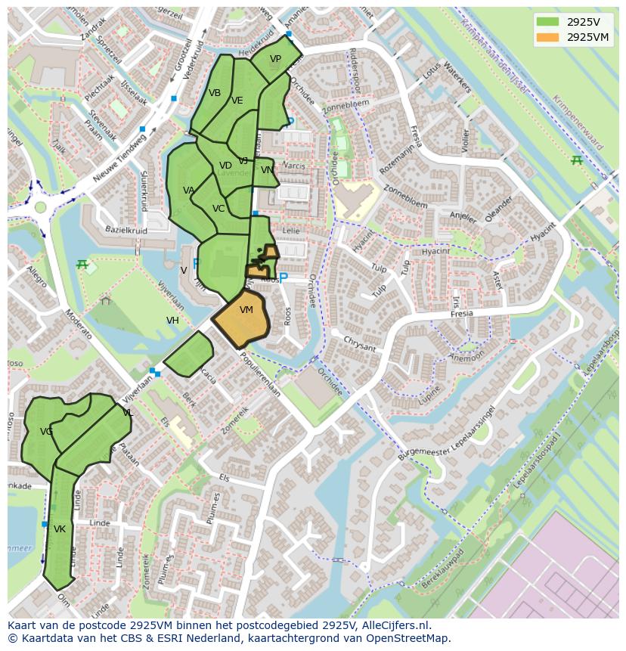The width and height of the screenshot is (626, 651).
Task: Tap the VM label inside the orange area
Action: (x=246, y=310)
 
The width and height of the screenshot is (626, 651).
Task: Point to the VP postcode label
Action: (x=275, y=59)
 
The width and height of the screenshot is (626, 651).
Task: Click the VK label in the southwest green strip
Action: (x=60, y=529)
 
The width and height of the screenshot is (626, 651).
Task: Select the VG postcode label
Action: (x=47, y=432)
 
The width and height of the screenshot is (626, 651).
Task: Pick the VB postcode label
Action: (x=215, y=93)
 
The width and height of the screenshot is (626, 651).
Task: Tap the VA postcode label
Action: (x=189, y=191)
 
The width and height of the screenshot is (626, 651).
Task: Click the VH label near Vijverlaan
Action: (x=173, y=321)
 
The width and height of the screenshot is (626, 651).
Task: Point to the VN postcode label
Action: (x=267, y=170)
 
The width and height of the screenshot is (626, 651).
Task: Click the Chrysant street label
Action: (x=358, y=343)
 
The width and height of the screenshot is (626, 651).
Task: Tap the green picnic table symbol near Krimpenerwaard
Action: (x=577, y=160)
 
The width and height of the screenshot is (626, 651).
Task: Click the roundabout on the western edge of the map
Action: (x=39, y=207)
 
